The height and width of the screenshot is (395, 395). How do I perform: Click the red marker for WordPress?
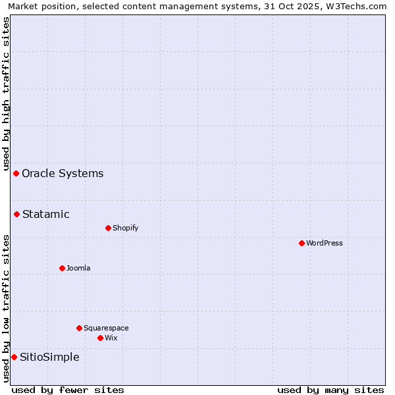[x=302, y=243]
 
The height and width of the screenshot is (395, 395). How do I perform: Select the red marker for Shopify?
[x=108, y=228]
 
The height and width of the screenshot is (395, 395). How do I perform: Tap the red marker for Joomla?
[x=62, y=268]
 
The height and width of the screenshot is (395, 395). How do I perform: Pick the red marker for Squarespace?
[x=79, y=328]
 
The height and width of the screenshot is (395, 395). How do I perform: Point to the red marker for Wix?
[x=100, y=338]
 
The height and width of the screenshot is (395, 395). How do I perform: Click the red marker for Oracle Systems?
[x=16, y=173]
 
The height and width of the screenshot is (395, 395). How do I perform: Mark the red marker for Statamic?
[x=16, y=214]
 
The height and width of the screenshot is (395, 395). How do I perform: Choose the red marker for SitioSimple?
[x=14, y=357]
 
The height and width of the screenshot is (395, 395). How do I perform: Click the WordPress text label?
[x=325, y=243]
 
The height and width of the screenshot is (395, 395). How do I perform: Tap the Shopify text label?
[x=126, y=228]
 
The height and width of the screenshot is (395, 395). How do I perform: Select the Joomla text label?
[x=78, y=268]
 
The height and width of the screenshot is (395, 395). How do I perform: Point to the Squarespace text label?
[x=106, y=328]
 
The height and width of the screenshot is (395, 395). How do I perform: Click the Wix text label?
[x=111, y=338]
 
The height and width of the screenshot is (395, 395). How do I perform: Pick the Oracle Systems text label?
[x=63, y=173]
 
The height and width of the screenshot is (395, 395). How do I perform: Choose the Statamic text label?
[x=46, y=214]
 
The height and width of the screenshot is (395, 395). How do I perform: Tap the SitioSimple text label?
[x=49, y=357]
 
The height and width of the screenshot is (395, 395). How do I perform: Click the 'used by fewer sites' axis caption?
[x=68, y=390]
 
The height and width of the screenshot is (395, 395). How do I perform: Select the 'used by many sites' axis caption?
[x=330, y=390]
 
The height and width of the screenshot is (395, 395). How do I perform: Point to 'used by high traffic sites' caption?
[x=6, y=93]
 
